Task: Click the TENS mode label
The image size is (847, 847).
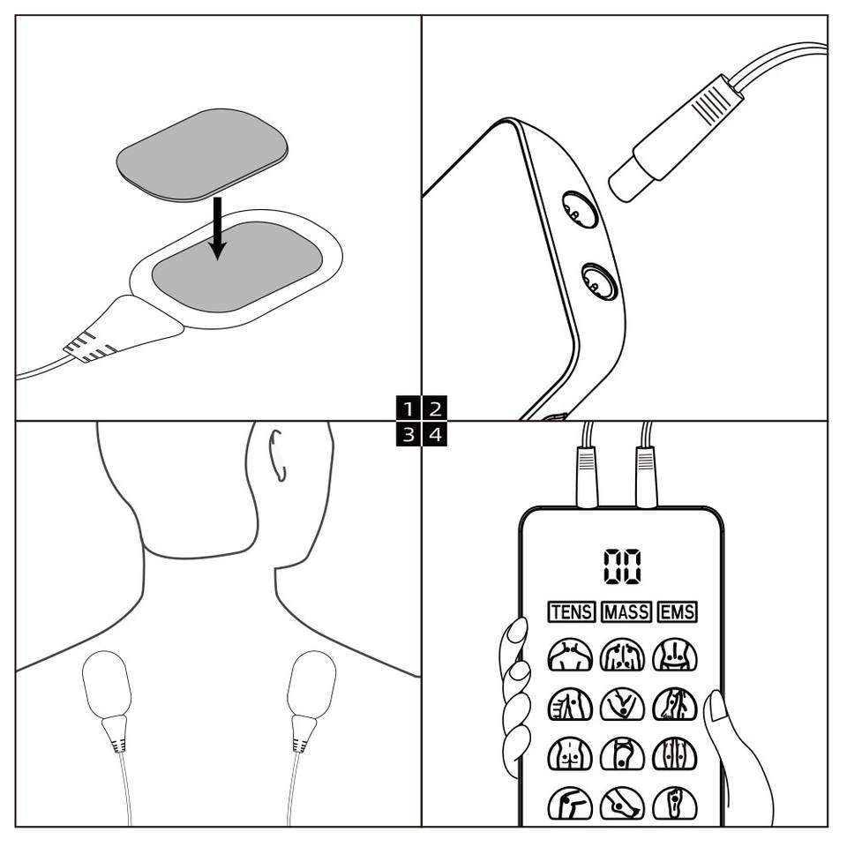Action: point(572,612)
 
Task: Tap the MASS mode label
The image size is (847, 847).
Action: point(626,612)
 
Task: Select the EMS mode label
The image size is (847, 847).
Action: point(678,612)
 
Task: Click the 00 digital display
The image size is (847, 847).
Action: point(622,566)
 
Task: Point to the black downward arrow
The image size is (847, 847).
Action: point(217,229)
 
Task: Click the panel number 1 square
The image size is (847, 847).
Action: point(409,408)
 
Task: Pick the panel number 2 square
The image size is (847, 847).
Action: point(435,408)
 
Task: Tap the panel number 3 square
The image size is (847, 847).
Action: point(409,434)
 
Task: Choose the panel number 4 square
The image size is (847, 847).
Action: point(435,434)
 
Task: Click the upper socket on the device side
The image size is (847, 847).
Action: point(580,210)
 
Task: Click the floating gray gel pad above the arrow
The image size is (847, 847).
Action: point(202,155)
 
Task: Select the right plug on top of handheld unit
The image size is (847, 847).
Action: point(646,477)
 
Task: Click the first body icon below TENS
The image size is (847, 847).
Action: point(570,655)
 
